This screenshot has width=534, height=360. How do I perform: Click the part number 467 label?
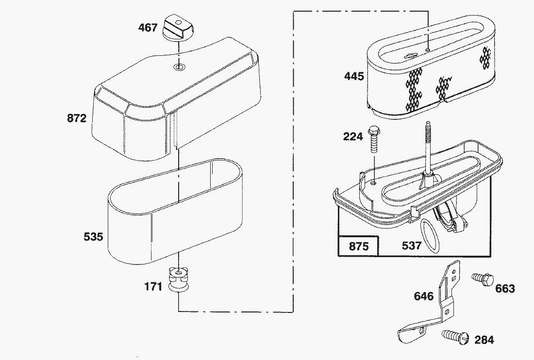(x=148, y=27)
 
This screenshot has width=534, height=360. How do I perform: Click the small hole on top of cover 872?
(x=179, y=66)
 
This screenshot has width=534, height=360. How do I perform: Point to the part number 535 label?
(x=93, y=237)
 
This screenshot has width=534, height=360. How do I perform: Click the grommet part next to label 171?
(x=179, y=281)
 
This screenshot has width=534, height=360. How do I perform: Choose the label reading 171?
(x=153, y=287)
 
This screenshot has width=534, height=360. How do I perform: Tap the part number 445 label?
(x=354, y=76)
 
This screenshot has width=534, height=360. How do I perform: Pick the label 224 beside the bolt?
(x=353, y=137)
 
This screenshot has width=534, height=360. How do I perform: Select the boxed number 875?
(x=358, y=246)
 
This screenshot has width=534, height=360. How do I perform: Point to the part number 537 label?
(x=412, y=246)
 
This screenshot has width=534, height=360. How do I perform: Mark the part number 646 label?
(x=423, y=296)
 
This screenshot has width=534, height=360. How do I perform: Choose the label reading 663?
(x=505, y=289)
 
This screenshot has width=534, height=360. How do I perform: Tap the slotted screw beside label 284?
(x=455, y=336)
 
